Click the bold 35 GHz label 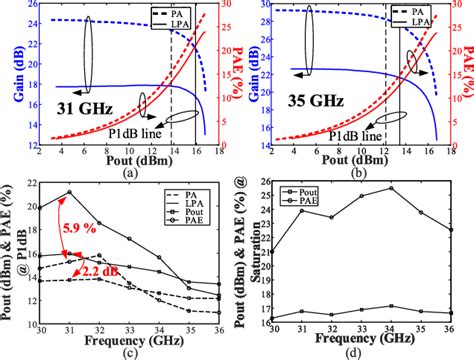pos(305,101)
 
